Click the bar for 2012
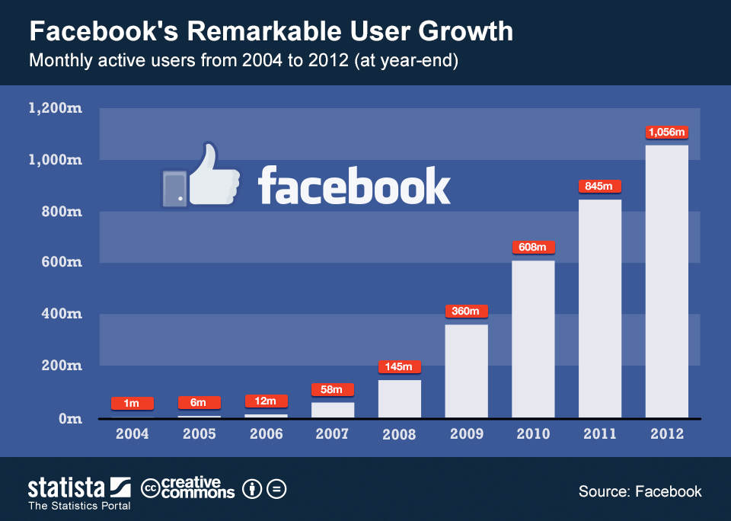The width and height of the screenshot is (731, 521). [666, 281]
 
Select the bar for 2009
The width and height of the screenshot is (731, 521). [466, 371]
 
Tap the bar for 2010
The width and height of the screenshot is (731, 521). [533, 339]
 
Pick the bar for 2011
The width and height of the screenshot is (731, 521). [600, 308]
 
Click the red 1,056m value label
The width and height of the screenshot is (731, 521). [666, 133]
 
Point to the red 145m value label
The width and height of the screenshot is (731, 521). [399, 367]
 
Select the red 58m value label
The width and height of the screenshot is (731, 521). [333, 390]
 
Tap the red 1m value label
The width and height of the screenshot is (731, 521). [132, 403]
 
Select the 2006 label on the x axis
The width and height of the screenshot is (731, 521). [266, 434]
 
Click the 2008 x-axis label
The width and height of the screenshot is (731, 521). [399, 434]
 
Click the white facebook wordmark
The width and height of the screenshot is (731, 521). [354, 186]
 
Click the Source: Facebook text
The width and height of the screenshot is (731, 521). [640, 491]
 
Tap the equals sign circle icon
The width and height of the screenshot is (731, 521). [276, 488]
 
